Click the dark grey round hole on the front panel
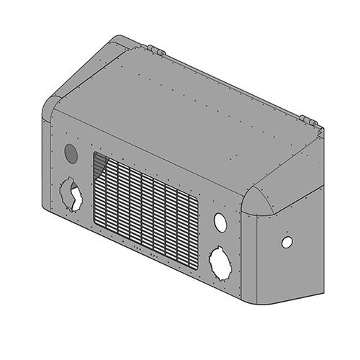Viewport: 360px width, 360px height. pyautogui.click(x=71, y=153)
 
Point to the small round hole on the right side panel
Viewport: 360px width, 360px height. pyautogui.click(x=287, y=243)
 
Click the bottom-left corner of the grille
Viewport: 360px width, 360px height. pyautogui.click(x=93, y=224)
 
